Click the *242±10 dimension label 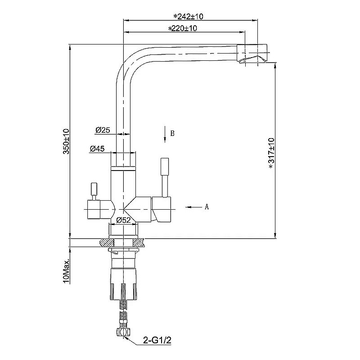pyautogui.click(x=188, y=17)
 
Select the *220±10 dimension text pyautogui.click(x=183, y=28)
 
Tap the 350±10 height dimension pyautogui.click(x=66, y=141)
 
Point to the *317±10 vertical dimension pyautogui.click(x=272, y=153)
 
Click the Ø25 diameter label pyautogui.click(x=103, y=130)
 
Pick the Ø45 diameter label pyautogui.click(x=97, y=149)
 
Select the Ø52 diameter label pyautogui.click(x=123, y=220)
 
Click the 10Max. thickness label pyautogui.click(x=66, y=272)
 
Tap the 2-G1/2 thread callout pyautogui.click(x=157, y=340)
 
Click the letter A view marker pyautogui.click(x=207, y=207)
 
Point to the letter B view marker pyautogui.click(x=172, y=133)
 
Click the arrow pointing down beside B pyautogui.click(x=165, y=134)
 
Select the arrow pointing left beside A pyautogui.click(x=194, y=207)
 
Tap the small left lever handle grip pyautogui.click(x=94, y=189)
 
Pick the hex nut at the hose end pyautogui.click(x=123, y=332)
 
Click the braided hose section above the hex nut pyautogui.click(x=123, y=316)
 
